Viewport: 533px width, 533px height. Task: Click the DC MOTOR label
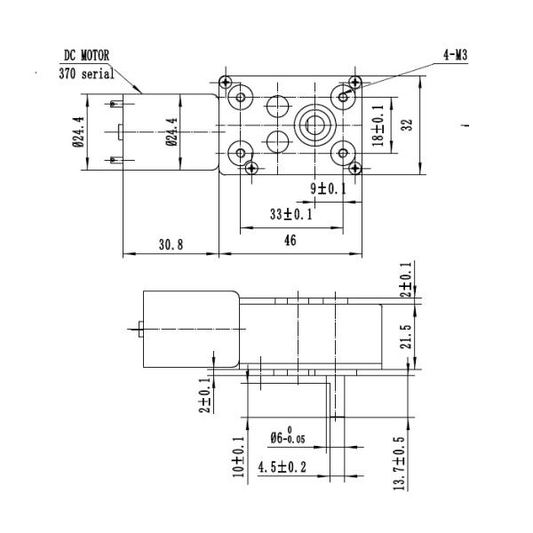click(87, 55)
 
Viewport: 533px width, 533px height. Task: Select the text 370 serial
click(88, 73)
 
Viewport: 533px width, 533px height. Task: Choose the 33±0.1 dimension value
click(290, 214)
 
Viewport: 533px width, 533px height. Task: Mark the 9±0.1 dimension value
click(328, 188)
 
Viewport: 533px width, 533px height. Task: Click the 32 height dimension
click(407, 125)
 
